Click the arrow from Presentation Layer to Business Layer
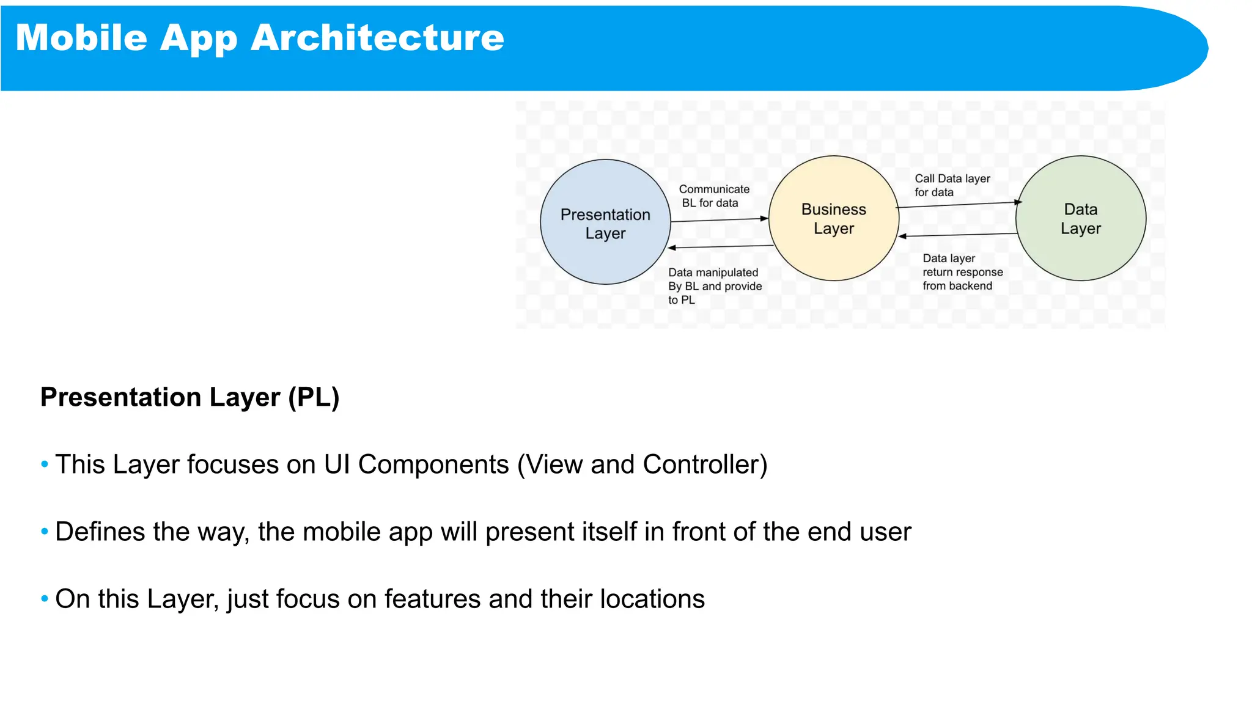click(x=719, y=220)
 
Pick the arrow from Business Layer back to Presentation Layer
click(x=721, y=247)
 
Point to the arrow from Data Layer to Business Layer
click(x=957, y=235)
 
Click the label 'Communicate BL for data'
click(x=713, y=196)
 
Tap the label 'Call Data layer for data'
click(x=952, y=185)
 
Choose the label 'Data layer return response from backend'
click(x=962, y=272)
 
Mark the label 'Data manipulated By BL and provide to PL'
click(x=715, y=286)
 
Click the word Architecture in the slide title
click(x=377, y=38)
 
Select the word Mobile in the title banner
click(x=81, y=38)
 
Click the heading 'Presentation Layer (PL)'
click(x=190, y=397)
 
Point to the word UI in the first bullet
click(x=337, y=464)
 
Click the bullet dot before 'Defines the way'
click(x=45, y=532)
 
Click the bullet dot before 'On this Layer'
click(x=45, y=599)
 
